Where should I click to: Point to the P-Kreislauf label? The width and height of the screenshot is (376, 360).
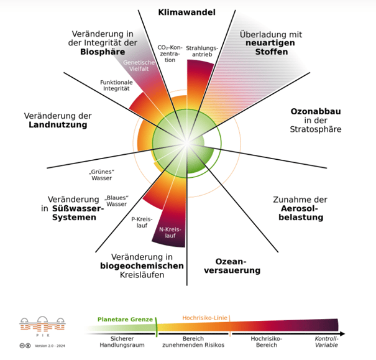coord(142,223)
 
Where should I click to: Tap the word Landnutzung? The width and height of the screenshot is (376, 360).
coord(57,125)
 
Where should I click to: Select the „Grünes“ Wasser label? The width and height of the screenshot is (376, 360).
coord(101,175)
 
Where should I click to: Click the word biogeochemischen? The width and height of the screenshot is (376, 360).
coord(142,266)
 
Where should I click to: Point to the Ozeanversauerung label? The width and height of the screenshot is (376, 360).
coord(237,265)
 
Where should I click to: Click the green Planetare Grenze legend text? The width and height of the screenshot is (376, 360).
coord(124,320)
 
